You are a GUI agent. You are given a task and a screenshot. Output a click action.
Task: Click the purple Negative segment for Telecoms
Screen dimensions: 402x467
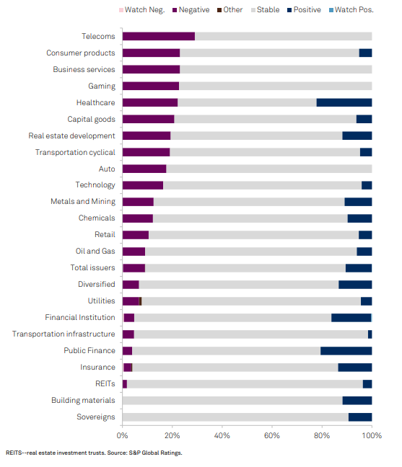(159, 36)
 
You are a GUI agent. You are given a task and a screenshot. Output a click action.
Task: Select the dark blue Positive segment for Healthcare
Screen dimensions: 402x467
(344, 102)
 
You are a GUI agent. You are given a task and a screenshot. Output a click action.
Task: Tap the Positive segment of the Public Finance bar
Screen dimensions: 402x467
(346, 351)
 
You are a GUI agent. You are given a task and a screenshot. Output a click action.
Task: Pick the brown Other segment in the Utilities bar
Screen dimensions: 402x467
(141, 301)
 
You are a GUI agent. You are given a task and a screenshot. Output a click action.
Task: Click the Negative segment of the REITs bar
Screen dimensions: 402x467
(125, 384)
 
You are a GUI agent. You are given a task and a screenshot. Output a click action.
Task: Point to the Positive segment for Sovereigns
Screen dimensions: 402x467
(360, 417)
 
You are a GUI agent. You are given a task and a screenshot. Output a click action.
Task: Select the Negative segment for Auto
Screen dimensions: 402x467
(144, 169)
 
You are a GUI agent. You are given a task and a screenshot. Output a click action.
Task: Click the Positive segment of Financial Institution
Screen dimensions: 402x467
(351, 318)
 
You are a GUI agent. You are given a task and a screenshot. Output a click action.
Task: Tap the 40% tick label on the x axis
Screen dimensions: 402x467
(222, 436)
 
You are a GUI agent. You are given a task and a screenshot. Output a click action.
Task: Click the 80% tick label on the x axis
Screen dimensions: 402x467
(322, 436)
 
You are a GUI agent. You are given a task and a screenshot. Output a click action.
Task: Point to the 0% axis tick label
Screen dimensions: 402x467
(122, 436)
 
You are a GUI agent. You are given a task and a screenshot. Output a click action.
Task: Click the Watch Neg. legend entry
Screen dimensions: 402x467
(142, 10)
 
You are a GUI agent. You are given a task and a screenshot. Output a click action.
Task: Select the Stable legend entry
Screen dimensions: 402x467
(266, 10)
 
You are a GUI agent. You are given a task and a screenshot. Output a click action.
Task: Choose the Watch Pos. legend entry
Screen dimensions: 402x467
(351, 10)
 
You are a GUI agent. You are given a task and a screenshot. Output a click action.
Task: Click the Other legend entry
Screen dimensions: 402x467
(230, 10)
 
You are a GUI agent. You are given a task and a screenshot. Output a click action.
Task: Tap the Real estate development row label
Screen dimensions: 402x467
(71, 135)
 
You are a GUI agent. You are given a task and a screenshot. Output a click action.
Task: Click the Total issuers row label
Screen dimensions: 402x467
(92, 268)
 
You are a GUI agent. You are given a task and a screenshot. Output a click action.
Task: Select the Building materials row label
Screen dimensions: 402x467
(83, 400)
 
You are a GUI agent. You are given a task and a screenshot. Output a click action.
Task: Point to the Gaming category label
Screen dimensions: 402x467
(102, 86)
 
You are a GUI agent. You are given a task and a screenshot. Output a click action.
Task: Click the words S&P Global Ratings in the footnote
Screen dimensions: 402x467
(155, 453)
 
